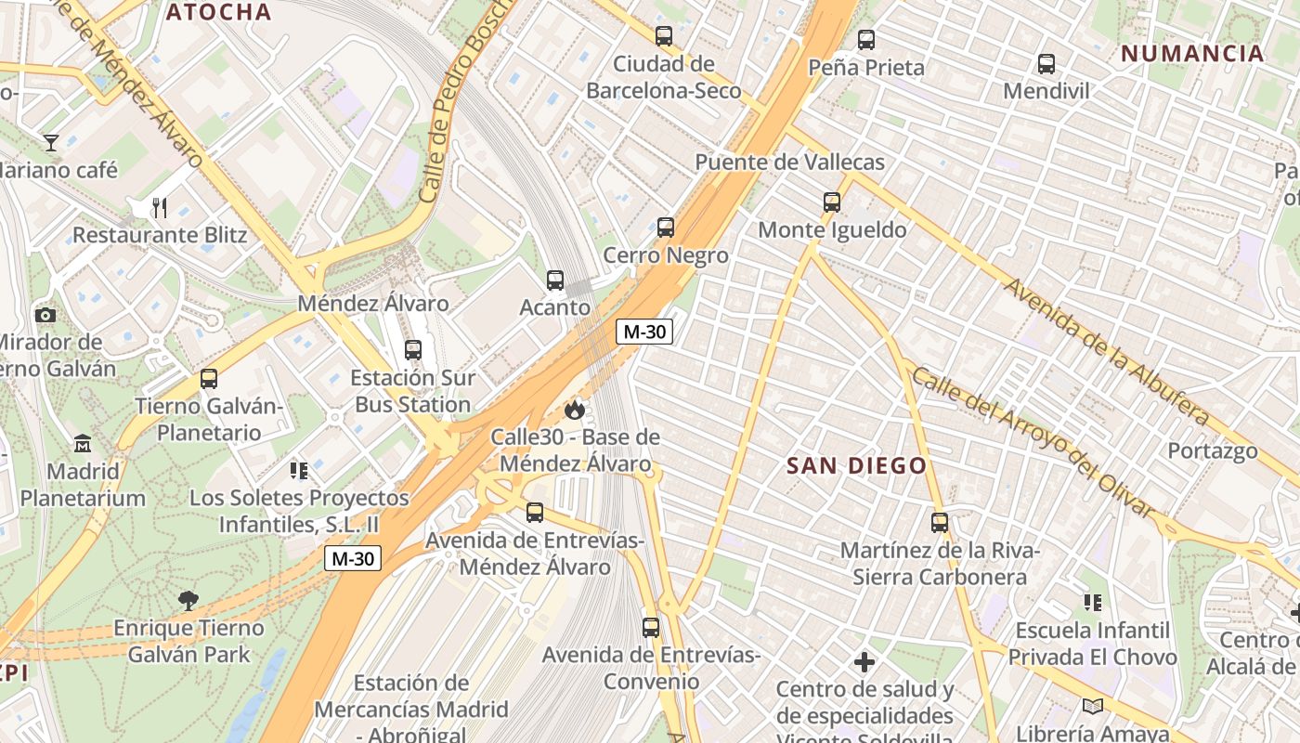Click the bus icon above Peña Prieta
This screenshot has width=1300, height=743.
866,40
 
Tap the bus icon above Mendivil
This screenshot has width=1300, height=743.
1046,64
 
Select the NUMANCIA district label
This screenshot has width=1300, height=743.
1192,53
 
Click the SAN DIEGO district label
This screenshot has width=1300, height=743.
857,466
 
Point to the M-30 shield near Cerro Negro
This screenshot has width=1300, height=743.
644,332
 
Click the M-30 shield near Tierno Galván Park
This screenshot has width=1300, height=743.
353,558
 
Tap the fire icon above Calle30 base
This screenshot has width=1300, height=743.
575,410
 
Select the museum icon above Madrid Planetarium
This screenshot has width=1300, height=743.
83,443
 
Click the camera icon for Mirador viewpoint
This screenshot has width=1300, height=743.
45,315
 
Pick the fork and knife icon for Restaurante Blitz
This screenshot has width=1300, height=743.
160,207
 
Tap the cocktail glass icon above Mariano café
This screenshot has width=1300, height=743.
51,143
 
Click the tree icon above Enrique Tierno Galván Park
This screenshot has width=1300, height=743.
188,600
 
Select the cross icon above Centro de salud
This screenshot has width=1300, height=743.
864,662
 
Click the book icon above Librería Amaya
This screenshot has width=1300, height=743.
1093,707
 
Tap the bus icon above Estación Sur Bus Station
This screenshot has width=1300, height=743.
413,350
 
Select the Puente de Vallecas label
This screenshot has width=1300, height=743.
789,163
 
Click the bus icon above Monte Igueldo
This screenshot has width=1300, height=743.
832,202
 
